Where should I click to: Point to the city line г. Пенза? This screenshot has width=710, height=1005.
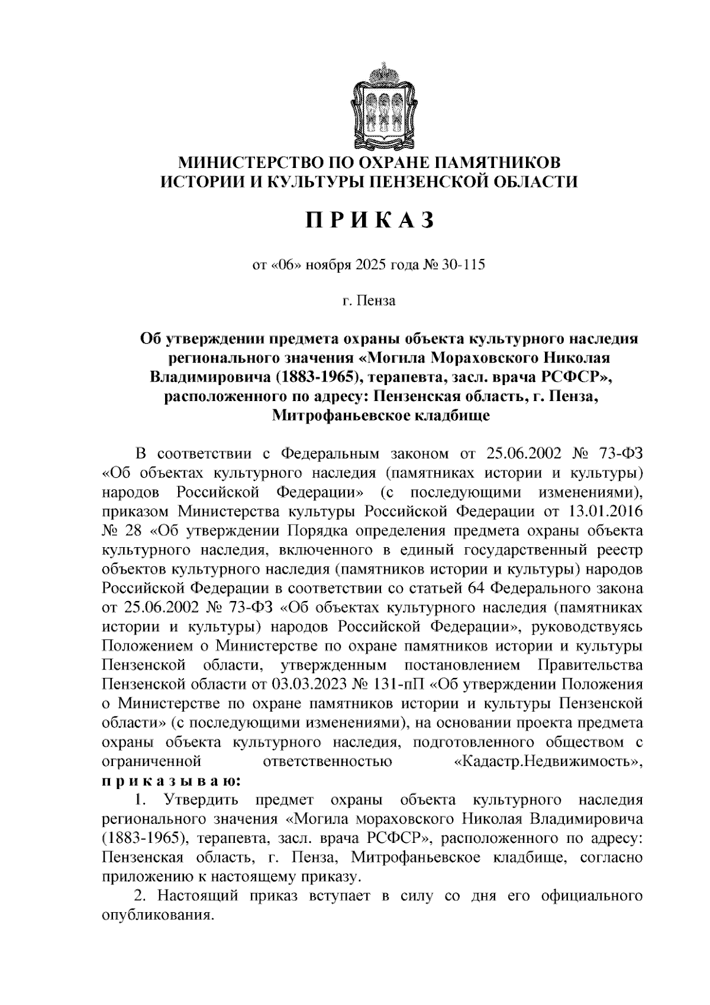tap(370, 300)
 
